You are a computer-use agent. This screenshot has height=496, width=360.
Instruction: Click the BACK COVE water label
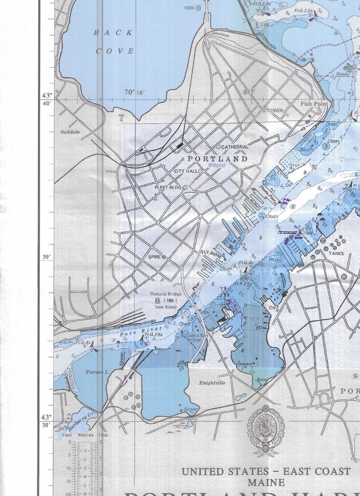[x=114, y=42]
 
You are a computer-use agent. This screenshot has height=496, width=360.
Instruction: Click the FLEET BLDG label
[x=168, y=187]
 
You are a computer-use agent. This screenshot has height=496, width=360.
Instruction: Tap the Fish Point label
[x=314, y=104]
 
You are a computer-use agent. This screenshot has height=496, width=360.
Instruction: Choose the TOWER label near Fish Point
[x=275, y=111]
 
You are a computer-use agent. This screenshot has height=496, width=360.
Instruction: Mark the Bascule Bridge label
[x=166, y=294]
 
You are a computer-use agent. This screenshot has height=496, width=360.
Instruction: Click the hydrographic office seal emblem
[x=265, y=430]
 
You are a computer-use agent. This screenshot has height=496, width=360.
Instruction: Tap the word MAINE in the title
[x=265, y=483]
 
